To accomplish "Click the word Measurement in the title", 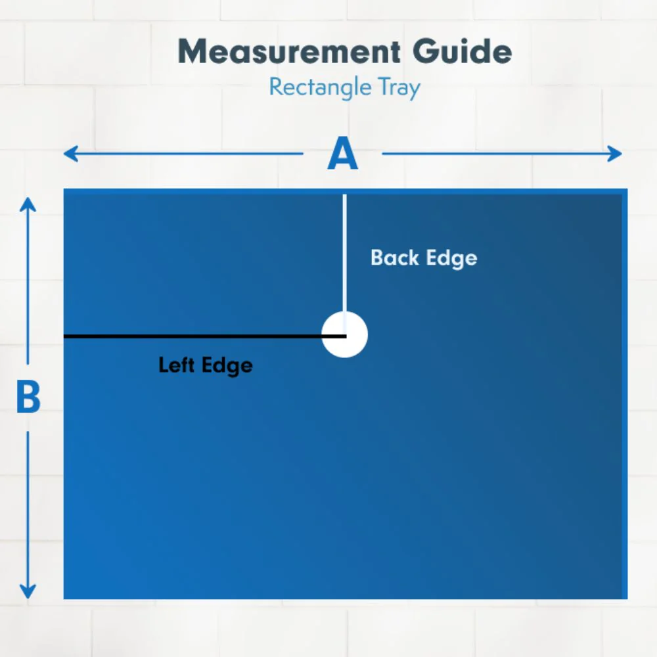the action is [x=289, y=51].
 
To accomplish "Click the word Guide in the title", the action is [x=462, y=51].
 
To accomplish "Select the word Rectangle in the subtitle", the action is [x=320, y=87].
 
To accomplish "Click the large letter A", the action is [x=343, y=153].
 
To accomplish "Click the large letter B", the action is [x=28, y=396].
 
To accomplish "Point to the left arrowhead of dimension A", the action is [x=70, y=154].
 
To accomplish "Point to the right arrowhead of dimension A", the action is [x=615, y=154].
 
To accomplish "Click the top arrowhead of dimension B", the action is [x=28, y=205].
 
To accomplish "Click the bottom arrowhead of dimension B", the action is [x=28, y=591].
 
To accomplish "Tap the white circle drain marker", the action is [x=344, y=334].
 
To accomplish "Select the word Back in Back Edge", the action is [x=395, y=258].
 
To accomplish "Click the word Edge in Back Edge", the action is [x=452, y=258].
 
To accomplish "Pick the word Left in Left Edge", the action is [x=176, y=365].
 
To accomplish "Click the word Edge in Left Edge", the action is [x=227, y=366].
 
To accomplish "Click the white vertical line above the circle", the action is [x=344, y=254].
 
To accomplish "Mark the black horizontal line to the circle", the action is [x=205, y=336].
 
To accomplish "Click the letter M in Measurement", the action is [x=193, y=51].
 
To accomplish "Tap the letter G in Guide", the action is [x=426, y=51].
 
